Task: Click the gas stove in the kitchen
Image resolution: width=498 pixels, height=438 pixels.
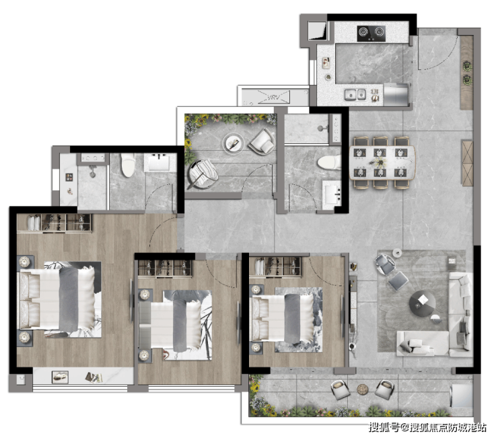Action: (x=371, y=34)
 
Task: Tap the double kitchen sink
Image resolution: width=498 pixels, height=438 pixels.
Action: (x=355, y=94)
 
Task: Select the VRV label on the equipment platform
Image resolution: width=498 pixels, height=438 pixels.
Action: (x=273, y=97)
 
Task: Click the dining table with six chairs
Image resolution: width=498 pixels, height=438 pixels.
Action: (x=382, y=163)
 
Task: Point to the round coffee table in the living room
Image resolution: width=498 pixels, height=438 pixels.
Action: (x=422, y=303)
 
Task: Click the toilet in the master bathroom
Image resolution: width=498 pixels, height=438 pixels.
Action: (x=128, y=165)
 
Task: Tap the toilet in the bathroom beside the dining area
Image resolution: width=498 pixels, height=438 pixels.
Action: (x=329, y=162)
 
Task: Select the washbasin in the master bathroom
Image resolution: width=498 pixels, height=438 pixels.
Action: (x=159, y=163)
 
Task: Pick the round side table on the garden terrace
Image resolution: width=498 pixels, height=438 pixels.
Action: (x=234, y=143)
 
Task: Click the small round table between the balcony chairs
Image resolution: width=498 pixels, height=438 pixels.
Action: (x=362, y=389)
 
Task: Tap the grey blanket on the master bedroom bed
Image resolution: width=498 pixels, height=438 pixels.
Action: (x=69, y=299)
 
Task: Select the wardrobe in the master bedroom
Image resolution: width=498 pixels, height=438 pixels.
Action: (x=54, y=223)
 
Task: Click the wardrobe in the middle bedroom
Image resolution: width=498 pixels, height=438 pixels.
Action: (x=164, y=268)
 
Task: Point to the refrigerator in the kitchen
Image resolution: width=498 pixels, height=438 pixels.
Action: (x=396, y=95)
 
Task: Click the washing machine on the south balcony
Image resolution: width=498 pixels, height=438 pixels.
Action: (x=461, y=396)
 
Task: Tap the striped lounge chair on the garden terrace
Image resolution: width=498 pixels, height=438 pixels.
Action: (x=203, y=174)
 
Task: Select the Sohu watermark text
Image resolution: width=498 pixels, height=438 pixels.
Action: (x=427, y=427)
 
